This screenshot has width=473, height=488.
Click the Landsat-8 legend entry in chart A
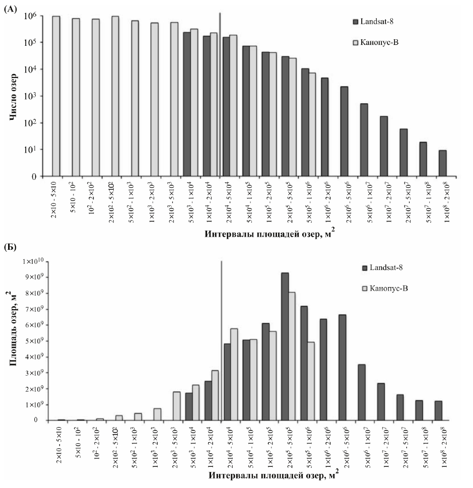(x=377, y=22)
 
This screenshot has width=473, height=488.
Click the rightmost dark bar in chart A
(x=442, y=163)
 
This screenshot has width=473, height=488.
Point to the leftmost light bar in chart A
(x=56, y=96)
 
